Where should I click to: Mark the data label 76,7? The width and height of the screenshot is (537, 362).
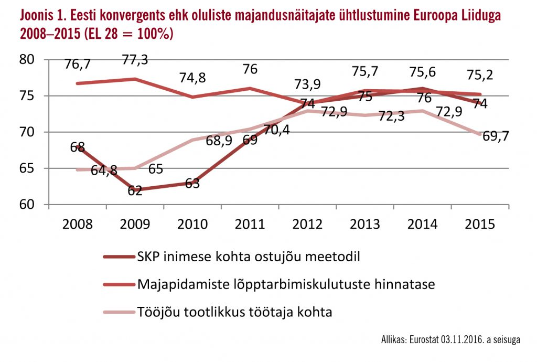78,64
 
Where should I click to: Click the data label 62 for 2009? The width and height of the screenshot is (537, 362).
135,190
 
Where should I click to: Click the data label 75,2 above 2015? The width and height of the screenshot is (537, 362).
480,74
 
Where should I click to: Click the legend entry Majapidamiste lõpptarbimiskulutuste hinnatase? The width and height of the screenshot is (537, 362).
285,285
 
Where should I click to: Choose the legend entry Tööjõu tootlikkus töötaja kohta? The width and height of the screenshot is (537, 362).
234,312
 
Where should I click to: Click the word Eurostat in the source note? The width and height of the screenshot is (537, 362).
423,340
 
